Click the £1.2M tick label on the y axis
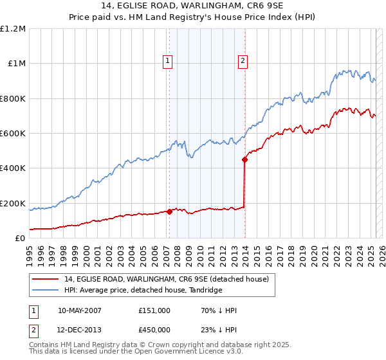point(13,29)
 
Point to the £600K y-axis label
point(13,134)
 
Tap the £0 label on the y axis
point(21,239)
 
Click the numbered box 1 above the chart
point(167,61)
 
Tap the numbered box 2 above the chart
point(243,61)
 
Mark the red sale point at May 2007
point(169,212)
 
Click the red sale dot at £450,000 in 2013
point(244,159)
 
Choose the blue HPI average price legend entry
point(142,290)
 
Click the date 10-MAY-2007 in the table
point(80,310)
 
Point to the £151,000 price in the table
point(154,310)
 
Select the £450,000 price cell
point(154,329)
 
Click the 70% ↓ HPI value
point(219,310)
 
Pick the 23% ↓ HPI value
point(219,329)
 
